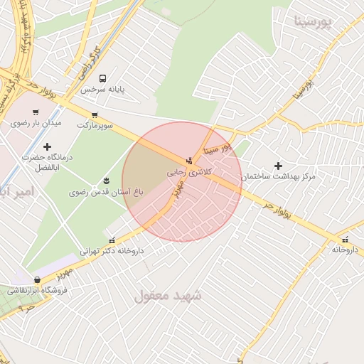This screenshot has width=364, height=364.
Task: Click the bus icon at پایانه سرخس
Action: [103, 78]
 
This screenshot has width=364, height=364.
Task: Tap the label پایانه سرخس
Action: [102, 90]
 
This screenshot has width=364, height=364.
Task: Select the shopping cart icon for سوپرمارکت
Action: [95, 114]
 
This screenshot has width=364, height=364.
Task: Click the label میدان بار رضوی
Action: [36, 123]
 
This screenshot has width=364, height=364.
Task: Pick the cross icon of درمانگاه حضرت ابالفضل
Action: [48, 146]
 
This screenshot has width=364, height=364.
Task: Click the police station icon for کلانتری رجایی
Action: [188, 160]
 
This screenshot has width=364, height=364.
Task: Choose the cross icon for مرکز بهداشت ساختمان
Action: [278, 166]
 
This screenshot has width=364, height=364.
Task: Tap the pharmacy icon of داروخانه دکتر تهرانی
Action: [111, 240]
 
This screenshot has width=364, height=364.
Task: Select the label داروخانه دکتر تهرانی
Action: [111, 251]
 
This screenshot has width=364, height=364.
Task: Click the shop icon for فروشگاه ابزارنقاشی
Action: [37, 279]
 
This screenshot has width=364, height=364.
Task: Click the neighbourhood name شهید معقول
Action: [168, 294]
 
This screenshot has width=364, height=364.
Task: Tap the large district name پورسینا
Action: [313, 21]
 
